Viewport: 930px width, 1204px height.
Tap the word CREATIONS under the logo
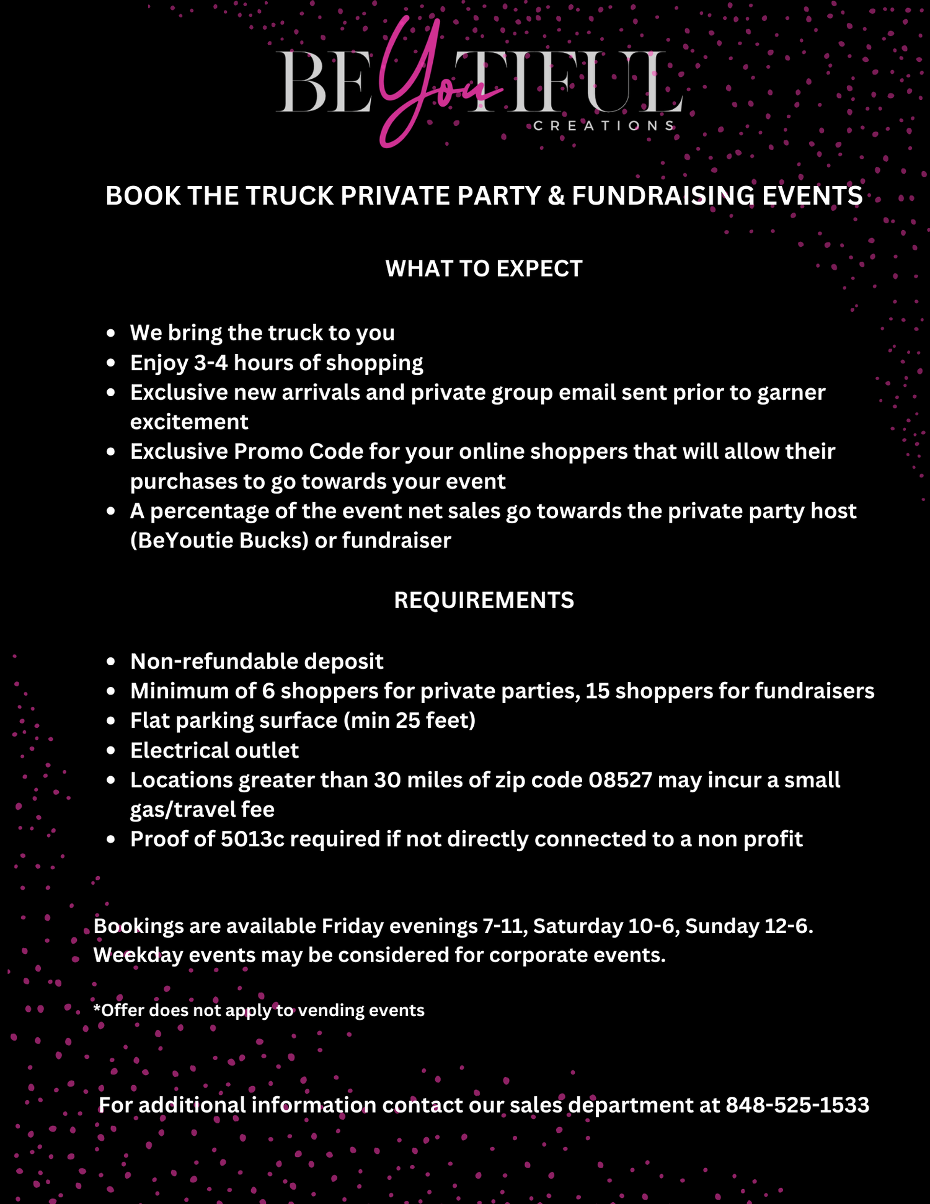(603, 126)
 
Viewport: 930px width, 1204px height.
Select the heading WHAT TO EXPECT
(484, 268)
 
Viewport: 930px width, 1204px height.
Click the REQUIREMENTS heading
(484, 600)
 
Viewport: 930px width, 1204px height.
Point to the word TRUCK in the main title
(290, 196)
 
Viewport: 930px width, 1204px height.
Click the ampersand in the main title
(556, 196)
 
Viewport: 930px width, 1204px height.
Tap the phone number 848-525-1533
(797, 1105)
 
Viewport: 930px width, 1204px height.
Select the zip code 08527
(620, 780)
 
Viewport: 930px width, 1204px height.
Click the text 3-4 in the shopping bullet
(211, 363)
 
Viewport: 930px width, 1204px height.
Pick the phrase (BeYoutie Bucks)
(219, 541)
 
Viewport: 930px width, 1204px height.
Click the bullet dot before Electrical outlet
(111, 751)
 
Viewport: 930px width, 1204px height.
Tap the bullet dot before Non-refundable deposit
(111, 662)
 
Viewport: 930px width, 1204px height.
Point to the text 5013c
(252, 839)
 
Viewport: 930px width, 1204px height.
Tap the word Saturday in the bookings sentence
(578, 926)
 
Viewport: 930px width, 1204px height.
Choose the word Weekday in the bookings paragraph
(138, 955)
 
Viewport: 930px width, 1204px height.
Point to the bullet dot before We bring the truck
(111, 333)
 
